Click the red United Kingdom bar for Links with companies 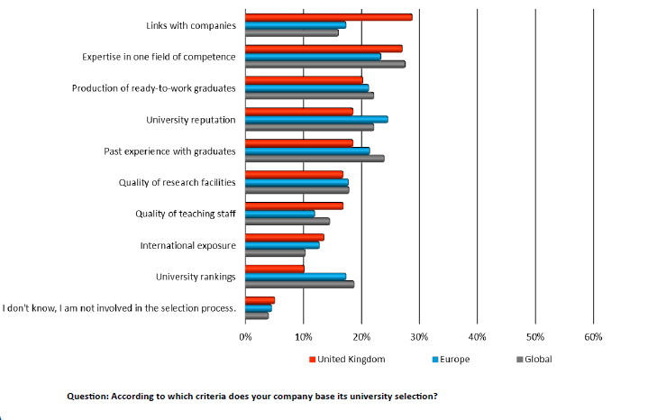pos(329,17)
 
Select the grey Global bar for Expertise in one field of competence pos(325,64)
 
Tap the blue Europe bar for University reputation pos(316,119)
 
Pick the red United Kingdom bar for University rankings pos(275,269)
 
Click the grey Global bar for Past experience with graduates pos(315,159)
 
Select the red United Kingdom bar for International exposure pos(285,237)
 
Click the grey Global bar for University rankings pos(299,284)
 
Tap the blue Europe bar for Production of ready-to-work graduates pos(307,87)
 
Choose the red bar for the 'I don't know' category pos(260,300)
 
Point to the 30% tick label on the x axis pos(419,336)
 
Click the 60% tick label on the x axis pos(593,336)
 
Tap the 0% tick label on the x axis pos(245,336)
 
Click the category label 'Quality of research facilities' pos(177,182)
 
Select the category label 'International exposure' pos(187,245)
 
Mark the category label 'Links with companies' pos(190,25)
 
